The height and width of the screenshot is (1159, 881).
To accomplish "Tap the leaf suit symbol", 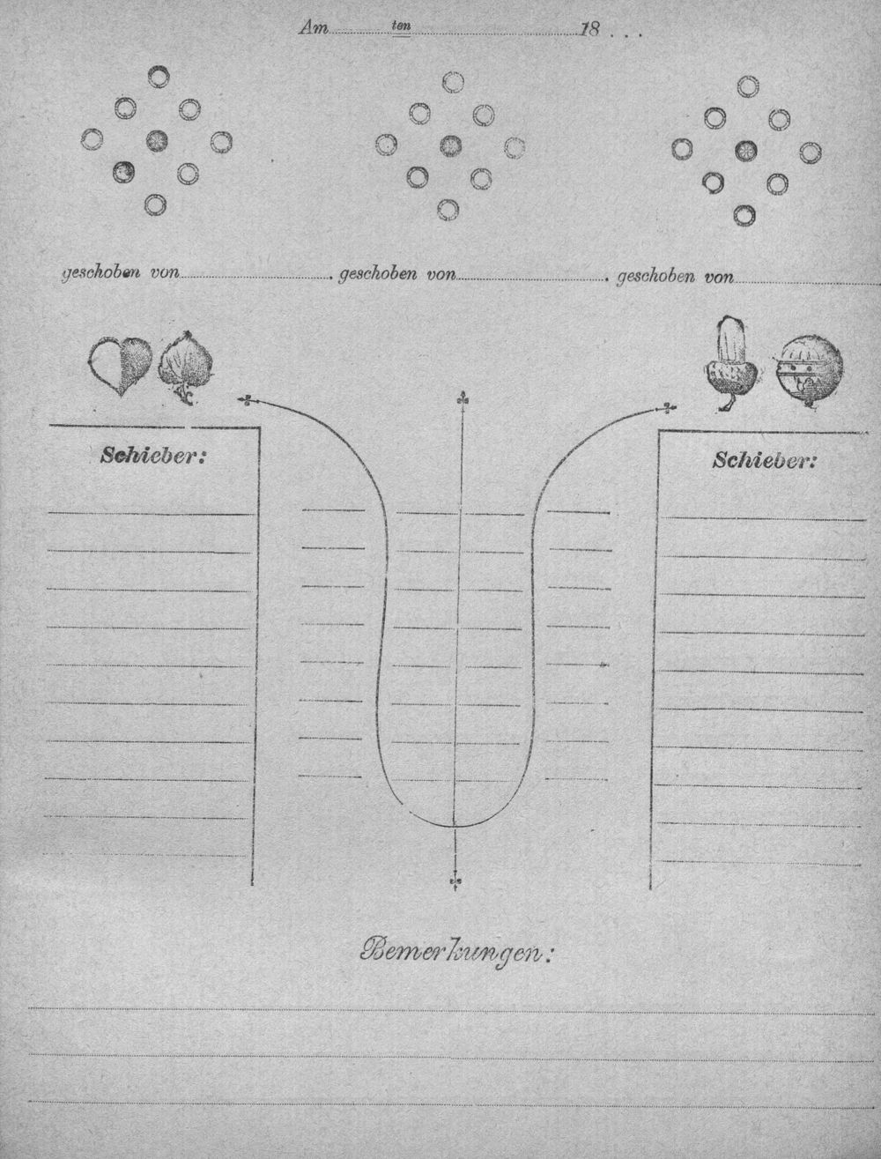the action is coord(186,367).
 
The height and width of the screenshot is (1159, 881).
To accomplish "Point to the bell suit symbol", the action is coord(807,371).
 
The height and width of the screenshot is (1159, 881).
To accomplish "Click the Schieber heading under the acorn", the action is coord(764,461).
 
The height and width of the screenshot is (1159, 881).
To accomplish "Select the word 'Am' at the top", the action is coord(314,27).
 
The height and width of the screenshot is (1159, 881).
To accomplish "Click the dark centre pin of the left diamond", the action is coord(157,140).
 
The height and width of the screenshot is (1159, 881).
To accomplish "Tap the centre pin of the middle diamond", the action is coord(450,145).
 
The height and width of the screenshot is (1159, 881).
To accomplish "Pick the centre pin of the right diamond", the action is coord(746,151).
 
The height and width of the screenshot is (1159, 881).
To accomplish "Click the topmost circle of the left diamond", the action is coord(159,77).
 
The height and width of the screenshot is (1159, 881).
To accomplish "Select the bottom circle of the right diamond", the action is coord(744,215).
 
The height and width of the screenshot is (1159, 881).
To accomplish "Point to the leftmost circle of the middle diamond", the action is coord(386,145).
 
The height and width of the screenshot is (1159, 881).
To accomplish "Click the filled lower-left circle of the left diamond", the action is coord(123,172).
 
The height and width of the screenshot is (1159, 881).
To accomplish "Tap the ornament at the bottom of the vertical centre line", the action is coord(455,880).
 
